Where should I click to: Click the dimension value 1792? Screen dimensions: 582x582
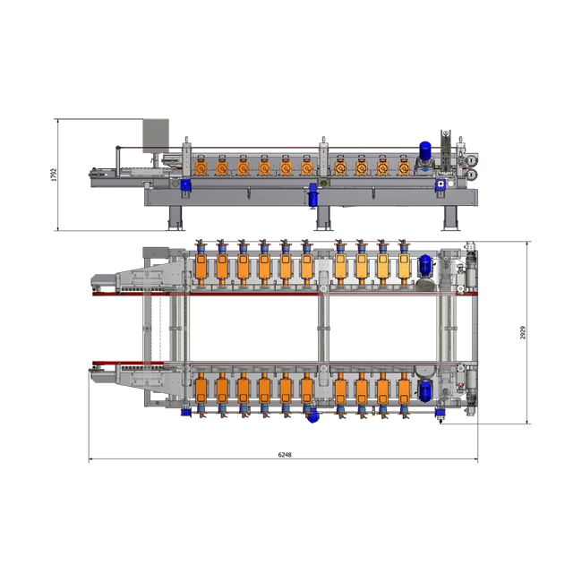point(55,175)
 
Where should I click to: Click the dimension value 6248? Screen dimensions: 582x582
point(285,454)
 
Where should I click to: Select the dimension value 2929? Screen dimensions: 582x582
point(523,332)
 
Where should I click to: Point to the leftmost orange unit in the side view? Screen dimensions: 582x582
point(201,167)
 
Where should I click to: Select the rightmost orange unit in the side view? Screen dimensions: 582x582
point(404,167)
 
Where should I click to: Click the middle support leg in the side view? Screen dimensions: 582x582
point(323,218)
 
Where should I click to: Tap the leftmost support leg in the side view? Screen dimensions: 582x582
point(175,218)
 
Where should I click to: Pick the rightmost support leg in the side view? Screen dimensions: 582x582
point(450,218)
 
